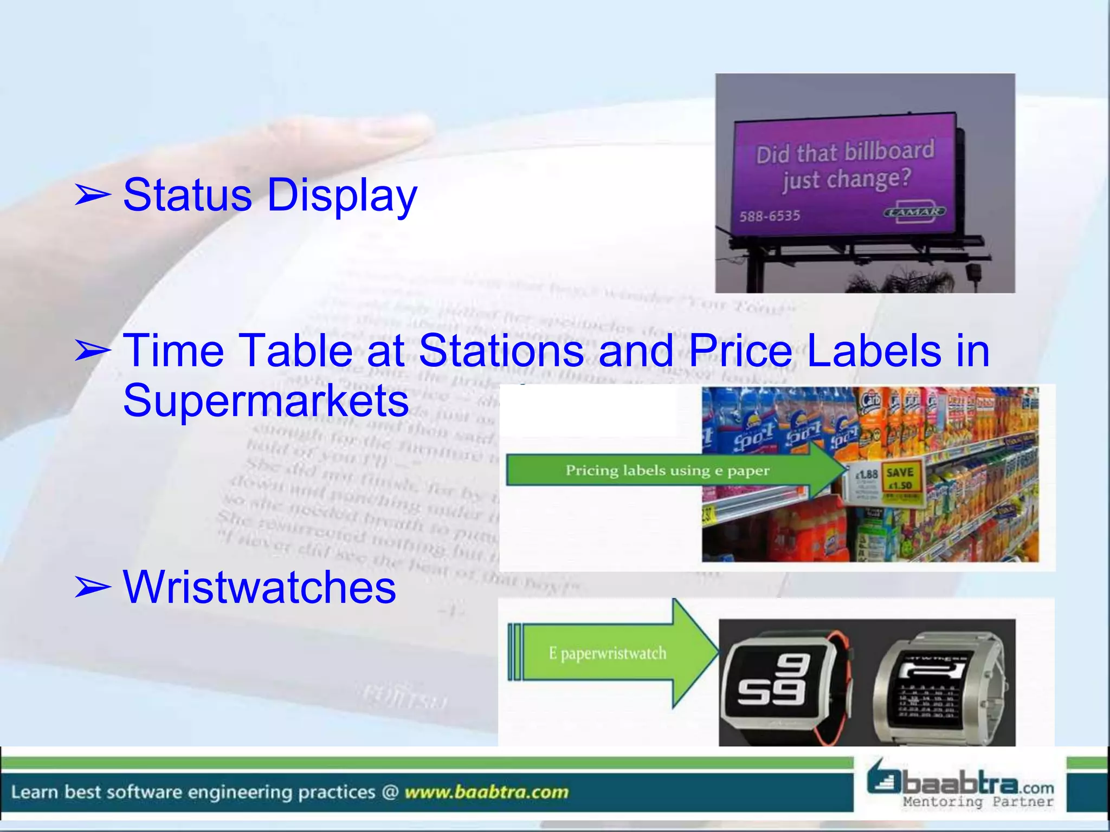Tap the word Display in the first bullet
[x=342, y=196]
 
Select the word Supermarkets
[x=266, y=400]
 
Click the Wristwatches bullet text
[x=259, y=587]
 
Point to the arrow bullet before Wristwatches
[x=92, y=587]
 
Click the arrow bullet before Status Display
[x=92, y=195]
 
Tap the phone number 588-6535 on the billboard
[x=770, y=216]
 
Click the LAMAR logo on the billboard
[x=914, y=212]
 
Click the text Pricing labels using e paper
[x=667, y=470]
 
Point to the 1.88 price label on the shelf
[x=866, y=474]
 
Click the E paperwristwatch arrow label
[x=607, y=653]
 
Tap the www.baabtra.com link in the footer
[x=486, y=792]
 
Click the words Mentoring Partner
[x=978, y=802]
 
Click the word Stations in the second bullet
[x=501, y=350]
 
